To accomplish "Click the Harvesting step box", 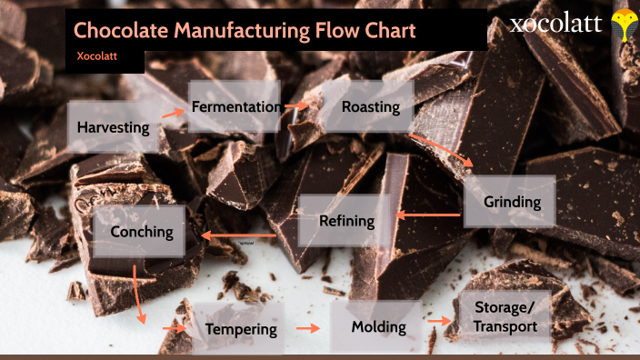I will click(114, 127).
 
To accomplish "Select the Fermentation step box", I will click(235, 106).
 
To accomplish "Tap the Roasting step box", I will click(370, 107).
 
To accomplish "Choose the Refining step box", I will click(346, 220).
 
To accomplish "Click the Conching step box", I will click(141, 231).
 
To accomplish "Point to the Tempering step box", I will click(240, 328).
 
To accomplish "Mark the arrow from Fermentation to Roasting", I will click(296, 106).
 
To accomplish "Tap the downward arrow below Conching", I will click(138, 294).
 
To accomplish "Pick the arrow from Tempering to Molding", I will click(309, 327).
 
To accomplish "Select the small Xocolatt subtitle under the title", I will click(96, 56).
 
